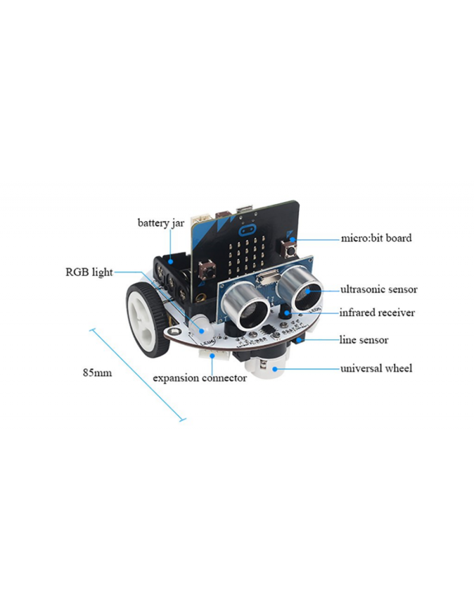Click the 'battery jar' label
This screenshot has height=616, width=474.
tap(161, 223)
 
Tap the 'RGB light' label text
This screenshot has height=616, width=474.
tap(89, 272)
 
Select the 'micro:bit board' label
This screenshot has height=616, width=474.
tap(376, 238)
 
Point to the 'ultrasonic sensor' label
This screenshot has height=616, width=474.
tap(379, 290)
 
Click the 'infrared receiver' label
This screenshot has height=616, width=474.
tap(377, 313)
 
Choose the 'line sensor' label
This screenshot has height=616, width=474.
tap(364, 340)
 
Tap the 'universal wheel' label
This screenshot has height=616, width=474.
tap(376, 368)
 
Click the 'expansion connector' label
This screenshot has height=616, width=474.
tap(200, 378)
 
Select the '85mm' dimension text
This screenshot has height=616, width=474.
tap(97, 373)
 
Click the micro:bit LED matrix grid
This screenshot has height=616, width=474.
tap(246, 256)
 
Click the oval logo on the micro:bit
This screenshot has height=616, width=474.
tap(247, 229)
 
